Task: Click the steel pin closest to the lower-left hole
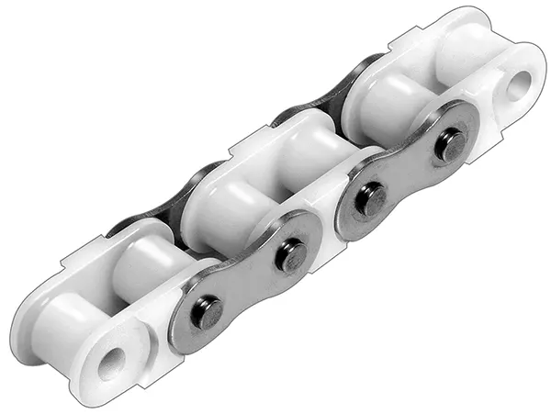click(207, 313)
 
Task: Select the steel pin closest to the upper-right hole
click(450, 144)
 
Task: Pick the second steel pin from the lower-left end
click(290, 255)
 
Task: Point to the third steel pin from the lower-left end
click(371, 199)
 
